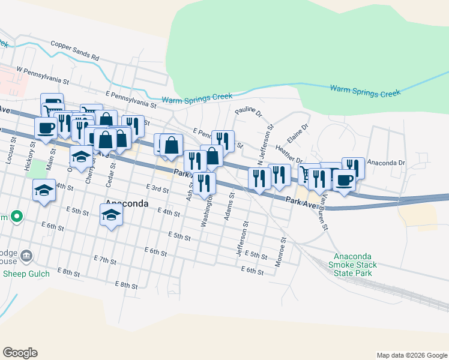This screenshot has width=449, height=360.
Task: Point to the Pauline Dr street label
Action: pyautogui.click(x=249, y=112)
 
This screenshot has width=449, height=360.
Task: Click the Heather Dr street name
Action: pyautogui.click(x=289, y=154)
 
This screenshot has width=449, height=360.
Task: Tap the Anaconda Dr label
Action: pyautogui.click(x=387, y=163)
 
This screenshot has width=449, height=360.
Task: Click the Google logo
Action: pyautogui.click(x=20, y=353)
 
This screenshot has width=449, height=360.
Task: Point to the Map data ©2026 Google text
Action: pyautogui.click(x=411, y=355)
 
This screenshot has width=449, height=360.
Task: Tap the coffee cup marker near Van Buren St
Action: pyautogui.click(x=344, y=179)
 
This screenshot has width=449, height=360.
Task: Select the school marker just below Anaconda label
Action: pyautogui.click(x=111, y=214)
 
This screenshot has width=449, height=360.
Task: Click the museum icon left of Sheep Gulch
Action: pyautogui.click(x=26, y=257)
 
